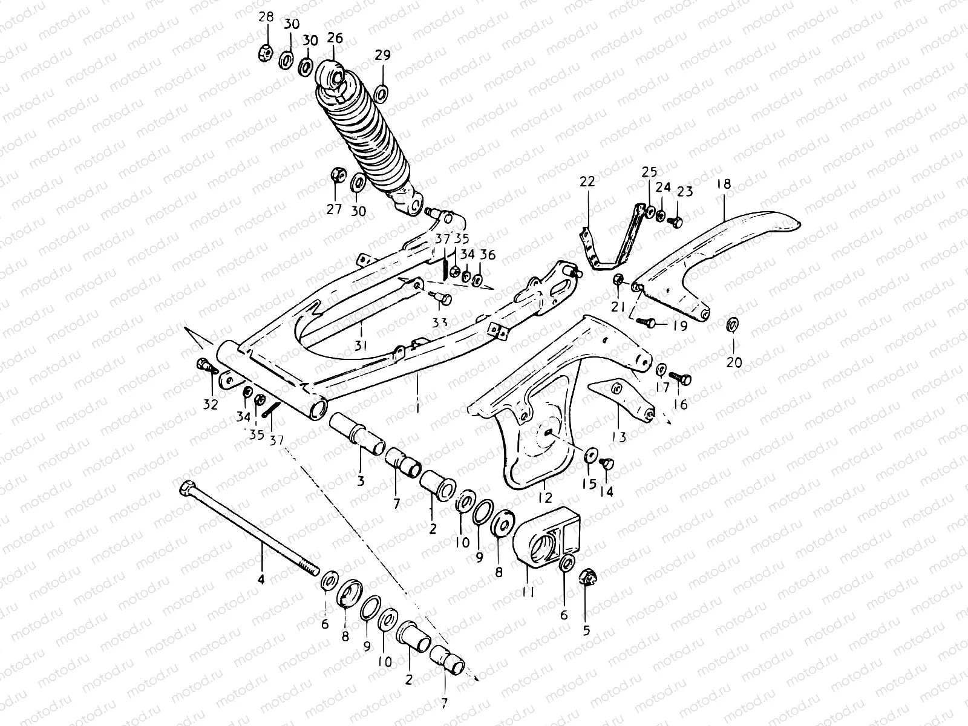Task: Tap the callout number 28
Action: click(266, 17)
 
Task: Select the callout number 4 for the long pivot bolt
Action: click(261, 580)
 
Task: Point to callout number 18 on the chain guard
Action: click(724, 184)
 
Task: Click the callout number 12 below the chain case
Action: click(545, 498)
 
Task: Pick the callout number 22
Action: click(587, 181)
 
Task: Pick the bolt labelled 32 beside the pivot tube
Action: click(204, 365)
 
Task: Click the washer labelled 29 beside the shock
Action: click(382, 94)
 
